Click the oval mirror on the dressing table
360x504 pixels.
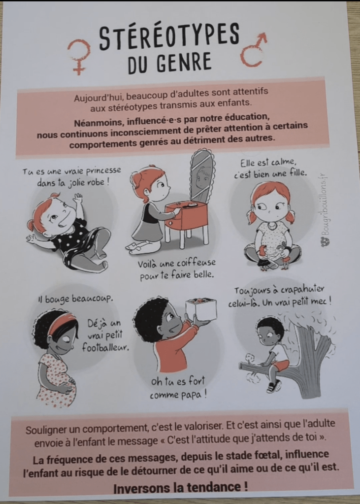(x=202, y=175)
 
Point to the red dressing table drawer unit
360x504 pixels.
(x=187, y=216)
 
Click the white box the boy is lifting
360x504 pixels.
(x=201, y=309)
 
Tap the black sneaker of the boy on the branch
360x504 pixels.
(x=273, y=386)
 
